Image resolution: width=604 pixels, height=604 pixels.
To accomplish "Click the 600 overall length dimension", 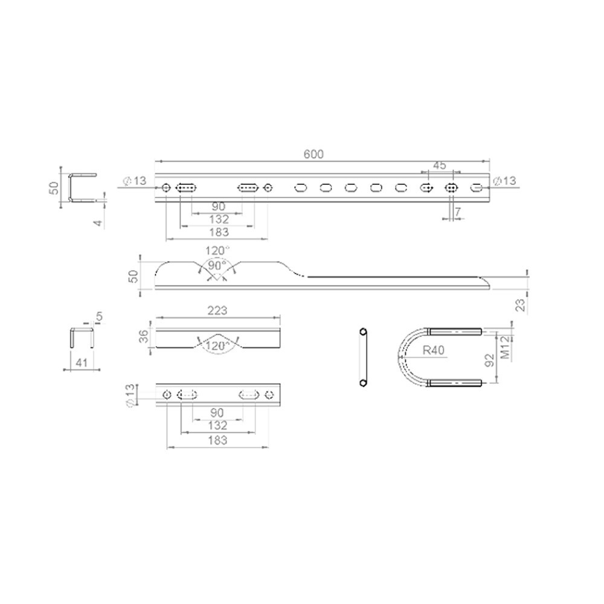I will click(x=313, y=154).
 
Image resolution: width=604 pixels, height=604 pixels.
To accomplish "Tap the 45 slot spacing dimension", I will click(x=440, y=165).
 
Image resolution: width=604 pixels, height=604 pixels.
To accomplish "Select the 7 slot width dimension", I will click(x=458, y=211).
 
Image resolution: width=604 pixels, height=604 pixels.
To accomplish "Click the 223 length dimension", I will click(x=217, y=310).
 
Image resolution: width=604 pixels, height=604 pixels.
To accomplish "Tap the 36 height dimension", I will click(x=144, y=336).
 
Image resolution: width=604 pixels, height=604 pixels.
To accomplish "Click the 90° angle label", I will click(x=217, y=266).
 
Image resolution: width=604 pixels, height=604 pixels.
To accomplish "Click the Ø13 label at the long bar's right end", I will click(x=504, y=181).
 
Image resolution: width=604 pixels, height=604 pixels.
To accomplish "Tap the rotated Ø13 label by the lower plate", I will click(x=129, y=396).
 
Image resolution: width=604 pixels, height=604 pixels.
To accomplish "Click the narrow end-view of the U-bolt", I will click(x=363, y=357).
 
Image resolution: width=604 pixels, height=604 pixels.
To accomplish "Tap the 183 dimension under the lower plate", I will click(x=217, y=440).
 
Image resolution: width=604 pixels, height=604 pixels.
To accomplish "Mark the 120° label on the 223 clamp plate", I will click(x=217, y=345).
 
